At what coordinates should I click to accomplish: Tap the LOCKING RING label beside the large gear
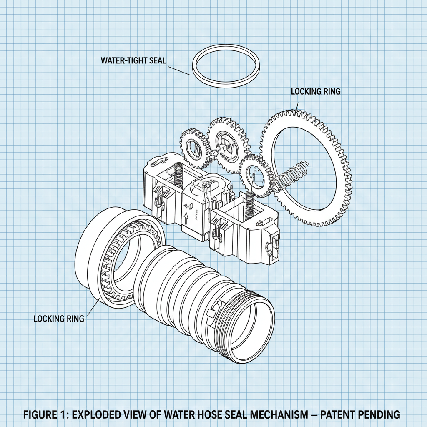coord(315,91)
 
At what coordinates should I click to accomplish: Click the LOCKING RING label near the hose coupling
coord(59,319)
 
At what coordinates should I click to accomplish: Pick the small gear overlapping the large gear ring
coord(255,175)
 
